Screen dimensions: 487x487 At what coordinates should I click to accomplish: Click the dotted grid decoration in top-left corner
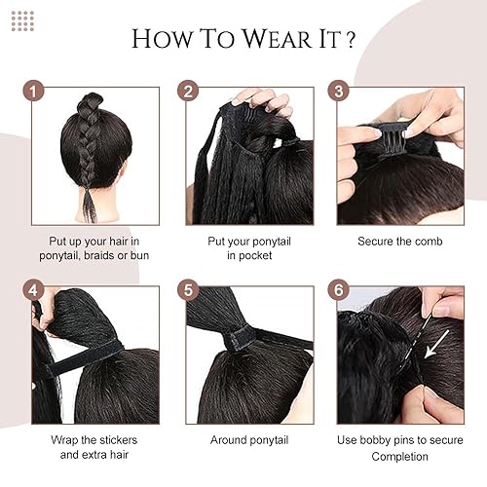[x=21, y=20]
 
